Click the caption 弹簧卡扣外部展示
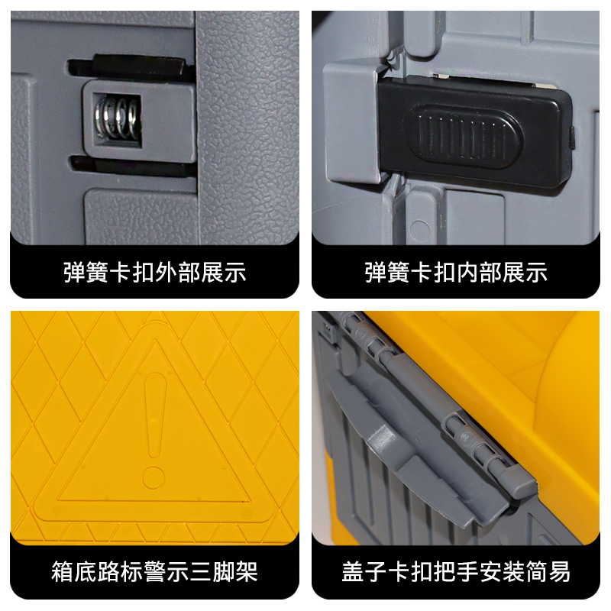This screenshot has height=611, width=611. coord(154,273)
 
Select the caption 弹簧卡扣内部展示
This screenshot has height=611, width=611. coord(456,273)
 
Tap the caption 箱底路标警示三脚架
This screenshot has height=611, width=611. coord(154,571)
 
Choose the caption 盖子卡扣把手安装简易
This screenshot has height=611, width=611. coord(456,571)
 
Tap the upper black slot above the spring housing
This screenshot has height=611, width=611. coord(130,69)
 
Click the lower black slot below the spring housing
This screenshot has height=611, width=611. coord(130,163)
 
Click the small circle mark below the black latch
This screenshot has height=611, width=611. coord(419,228)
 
